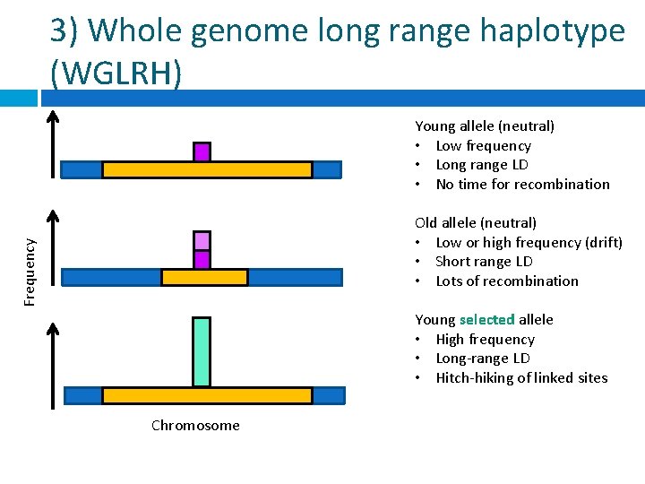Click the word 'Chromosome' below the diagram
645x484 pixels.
[x=195, y=425]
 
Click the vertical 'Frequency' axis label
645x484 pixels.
[x=30, y=271]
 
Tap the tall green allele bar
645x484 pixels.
[x=202, y=351]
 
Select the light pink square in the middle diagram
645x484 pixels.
[x=202, y=240]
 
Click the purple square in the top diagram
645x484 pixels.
[x=202, y=151]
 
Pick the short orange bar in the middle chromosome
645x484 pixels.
[x=204, y=277]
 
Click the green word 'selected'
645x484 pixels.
[x=486, y=319]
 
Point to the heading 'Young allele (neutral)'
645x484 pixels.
[x=485, y=125]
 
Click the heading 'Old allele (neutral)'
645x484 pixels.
[x=476, y=222]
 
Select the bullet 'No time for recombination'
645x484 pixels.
[x=522, y=184]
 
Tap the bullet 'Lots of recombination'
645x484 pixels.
[x=507, y=281]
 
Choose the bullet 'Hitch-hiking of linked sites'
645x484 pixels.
[x=521, y=377]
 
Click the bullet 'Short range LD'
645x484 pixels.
[x=484, y=261]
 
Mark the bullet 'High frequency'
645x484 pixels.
[x=485, y=339]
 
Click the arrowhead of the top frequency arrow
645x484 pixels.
[x=53, y=116]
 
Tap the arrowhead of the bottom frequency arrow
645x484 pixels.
[x=53, y=328]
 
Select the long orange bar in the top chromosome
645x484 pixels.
[x=207, y=169]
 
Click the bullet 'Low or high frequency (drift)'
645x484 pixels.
[x=529, y=242]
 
